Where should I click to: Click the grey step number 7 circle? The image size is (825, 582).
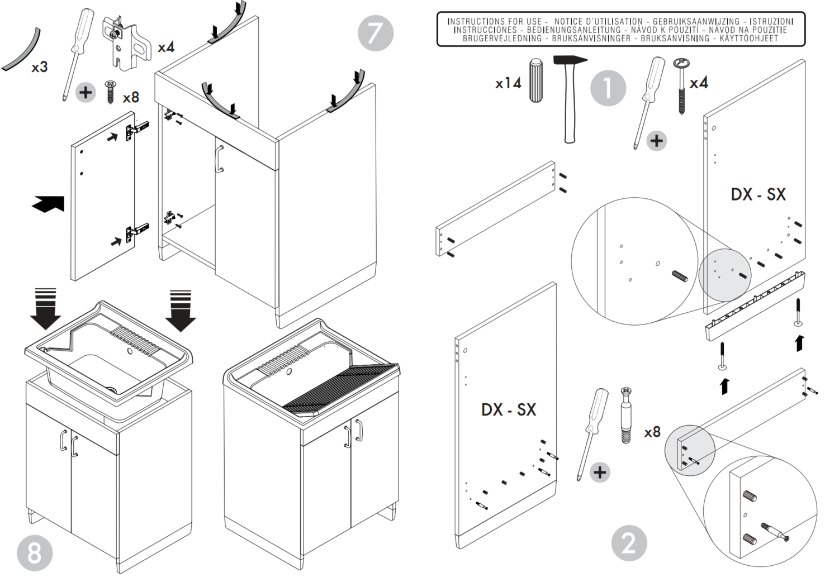coord(375,33)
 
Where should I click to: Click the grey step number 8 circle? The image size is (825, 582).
coord(35,553)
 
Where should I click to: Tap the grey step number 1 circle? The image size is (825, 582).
coord(608,88)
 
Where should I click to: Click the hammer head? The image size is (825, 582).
coord(570,61)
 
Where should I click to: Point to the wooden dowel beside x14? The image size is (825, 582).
coord(536,80)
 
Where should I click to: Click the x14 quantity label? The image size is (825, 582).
coord(508,84)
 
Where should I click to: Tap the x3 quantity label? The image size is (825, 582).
coord(40,68)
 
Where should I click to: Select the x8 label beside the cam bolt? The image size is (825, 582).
coord(652,432)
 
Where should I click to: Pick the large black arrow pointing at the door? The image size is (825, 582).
coord(48,204)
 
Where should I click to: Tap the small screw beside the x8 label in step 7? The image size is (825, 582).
coord(110,92)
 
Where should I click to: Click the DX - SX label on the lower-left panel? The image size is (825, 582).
coord(509,409)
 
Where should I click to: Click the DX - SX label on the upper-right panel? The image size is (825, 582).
coord(758,194)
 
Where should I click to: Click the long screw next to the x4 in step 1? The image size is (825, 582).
coord(682,87)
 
